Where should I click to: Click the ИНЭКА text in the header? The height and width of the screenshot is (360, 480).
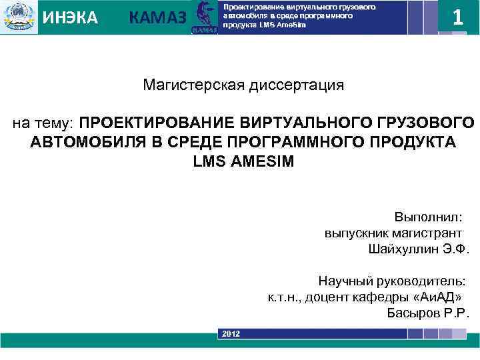coord(70,17)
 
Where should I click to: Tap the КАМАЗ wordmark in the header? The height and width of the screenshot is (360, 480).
coord(157,19)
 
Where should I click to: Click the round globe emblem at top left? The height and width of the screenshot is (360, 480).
coord(19,17)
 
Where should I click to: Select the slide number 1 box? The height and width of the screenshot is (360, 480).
coord(457,17)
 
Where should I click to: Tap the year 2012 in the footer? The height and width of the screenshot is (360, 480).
coord(231,333)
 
